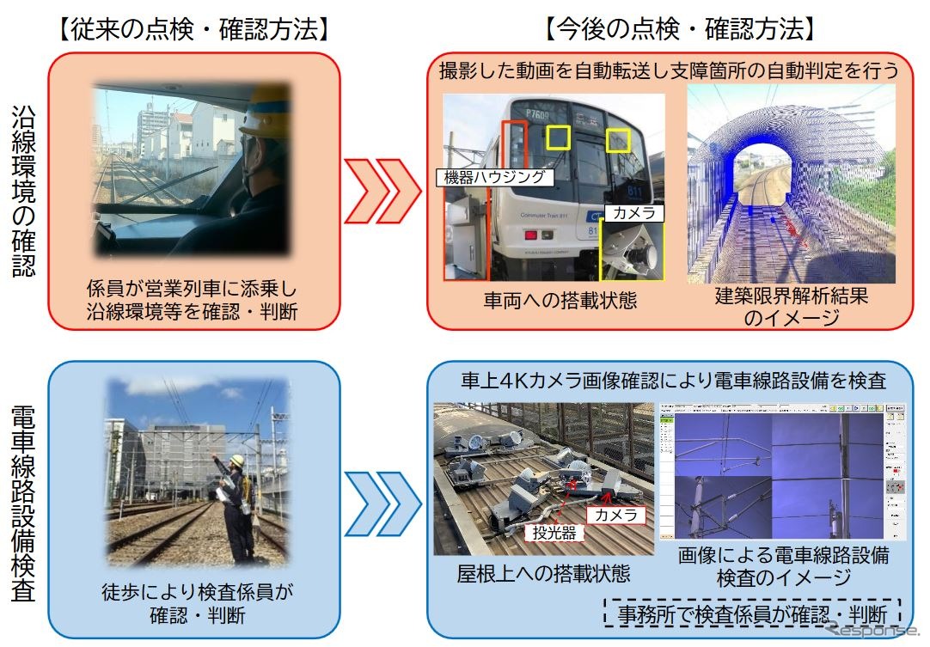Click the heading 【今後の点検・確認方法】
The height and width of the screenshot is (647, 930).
[678, 29]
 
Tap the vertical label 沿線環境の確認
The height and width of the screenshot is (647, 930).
[24, 191]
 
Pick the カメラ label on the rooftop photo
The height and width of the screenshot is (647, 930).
[615, 515]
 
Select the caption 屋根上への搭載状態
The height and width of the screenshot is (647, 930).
[544, 573]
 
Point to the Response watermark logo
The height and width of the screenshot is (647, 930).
[868, 631]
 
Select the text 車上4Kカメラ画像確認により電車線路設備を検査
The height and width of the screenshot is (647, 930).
[673, 381]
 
